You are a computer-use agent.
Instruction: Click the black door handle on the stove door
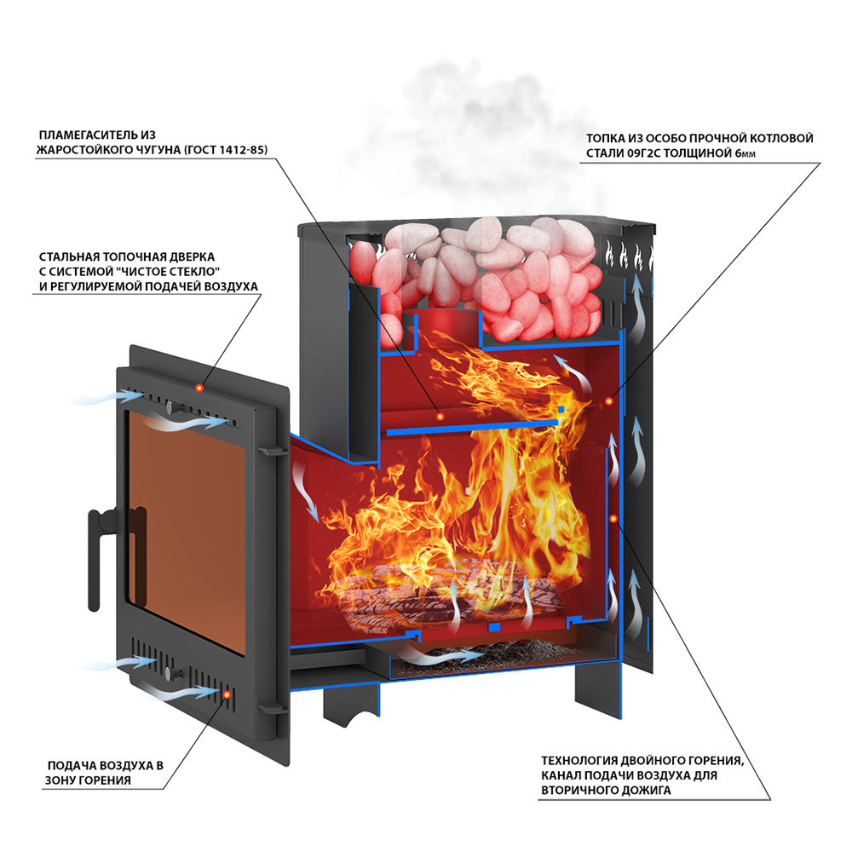tap(95, 545)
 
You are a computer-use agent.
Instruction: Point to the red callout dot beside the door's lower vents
tap(227, 694)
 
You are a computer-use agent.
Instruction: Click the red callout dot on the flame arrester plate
tap(440, 416)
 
